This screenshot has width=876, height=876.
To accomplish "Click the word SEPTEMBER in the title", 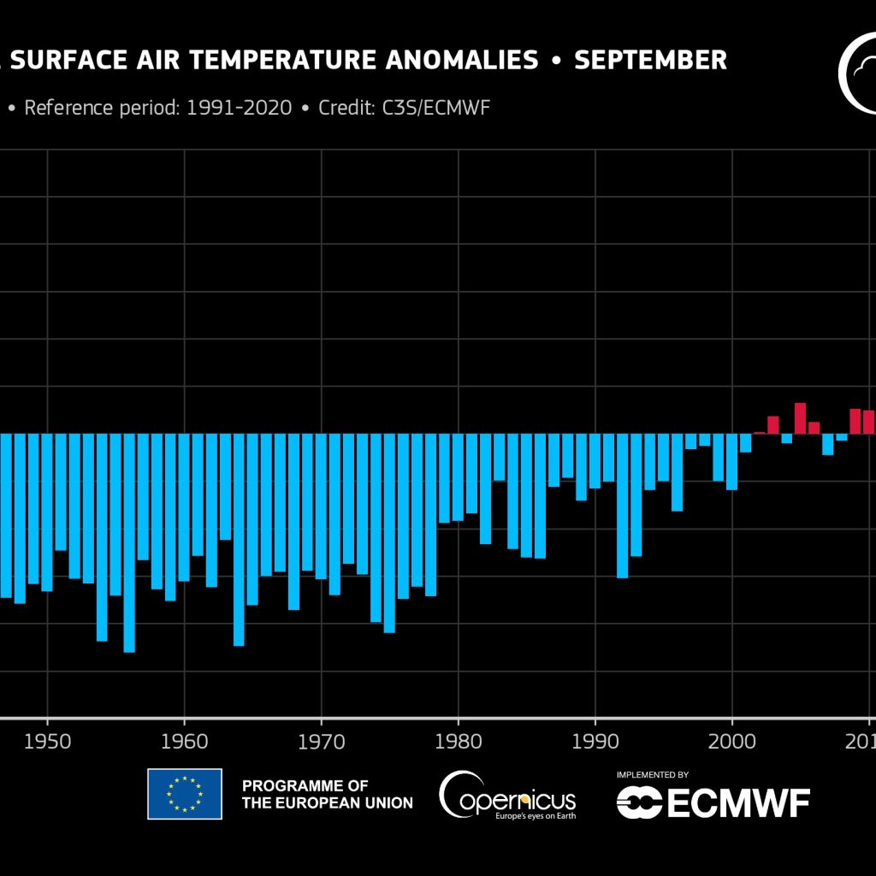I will click(650, 61).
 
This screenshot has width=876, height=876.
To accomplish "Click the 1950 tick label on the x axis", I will click(47, 740).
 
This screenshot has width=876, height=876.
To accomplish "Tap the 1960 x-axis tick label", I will click(184, 740).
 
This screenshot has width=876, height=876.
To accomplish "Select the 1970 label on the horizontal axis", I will click(322, 740).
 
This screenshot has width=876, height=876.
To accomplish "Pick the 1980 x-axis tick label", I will click(459, 740).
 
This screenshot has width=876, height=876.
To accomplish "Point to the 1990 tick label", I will click(595, 740).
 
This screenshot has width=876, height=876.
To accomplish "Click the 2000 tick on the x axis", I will click(732, 740).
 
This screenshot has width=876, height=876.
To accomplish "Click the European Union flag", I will click(185, 794).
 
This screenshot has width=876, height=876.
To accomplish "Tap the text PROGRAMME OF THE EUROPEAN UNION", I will click(327, 794).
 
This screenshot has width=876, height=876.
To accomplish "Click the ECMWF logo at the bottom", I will click(713, 802).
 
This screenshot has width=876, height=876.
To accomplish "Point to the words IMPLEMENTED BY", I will click(652, 775).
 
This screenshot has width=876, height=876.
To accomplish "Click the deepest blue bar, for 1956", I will click(129, 542).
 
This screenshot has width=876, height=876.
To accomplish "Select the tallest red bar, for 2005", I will click(801, 418).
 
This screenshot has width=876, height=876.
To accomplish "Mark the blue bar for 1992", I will click(623, 505).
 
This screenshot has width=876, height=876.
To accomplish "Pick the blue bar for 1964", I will click(239, 539).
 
